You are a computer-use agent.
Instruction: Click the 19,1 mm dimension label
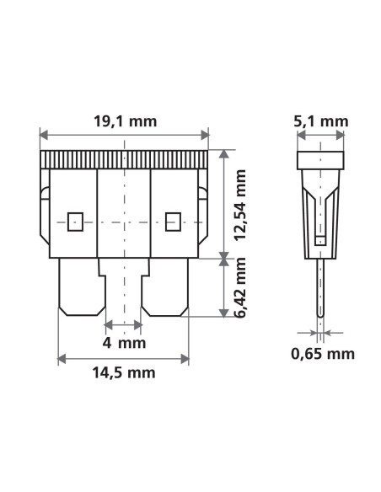pos(125,121)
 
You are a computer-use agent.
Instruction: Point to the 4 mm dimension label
pos(125,343)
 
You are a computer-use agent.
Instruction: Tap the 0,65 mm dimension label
pos(322,353)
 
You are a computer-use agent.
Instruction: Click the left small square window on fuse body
pos(74,222)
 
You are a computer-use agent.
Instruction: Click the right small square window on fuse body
pos(174,222)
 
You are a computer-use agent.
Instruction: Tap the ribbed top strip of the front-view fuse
pos(125,158)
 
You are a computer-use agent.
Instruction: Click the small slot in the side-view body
pos(319,241)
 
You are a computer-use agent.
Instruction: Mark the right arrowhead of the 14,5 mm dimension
pos(186,358)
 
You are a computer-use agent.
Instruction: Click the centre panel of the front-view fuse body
pos(125,211)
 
